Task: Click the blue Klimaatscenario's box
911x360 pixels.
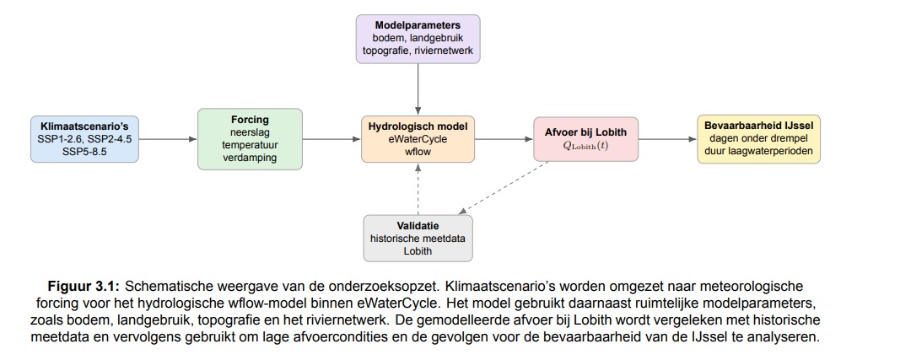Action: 85,139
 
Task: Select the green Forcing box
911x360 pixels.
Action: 250,139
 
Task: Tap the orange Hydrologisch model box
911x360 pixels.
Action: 418,139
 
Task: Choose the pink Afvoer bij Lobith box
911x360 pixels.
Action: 585,139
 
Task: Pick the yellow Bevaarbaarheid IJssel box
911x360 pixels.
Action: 759,139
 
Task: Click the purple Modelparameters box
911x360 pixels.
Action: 418,39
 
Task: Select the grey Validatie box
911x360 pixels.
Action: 418,238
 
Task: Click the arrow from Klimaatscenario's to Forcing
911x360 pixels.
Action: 168,139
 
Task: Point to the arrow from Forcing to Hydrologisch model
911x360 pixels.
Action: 332,139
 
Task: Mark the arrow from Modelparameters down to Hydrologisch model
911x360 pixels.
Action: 418,89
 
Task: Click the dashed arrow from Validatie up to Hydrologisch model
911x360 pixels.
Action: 418,189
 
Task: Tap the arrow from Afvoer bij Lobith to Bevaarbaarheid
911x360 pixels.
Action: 667,139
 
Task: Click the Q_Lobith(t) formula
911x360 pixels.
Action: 585,146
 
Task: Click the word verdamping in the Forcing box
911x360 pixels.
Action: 250,158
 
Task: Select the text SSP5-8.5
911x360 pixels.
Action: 85,152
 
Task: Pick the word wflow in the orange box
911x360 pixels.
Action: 418,152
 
